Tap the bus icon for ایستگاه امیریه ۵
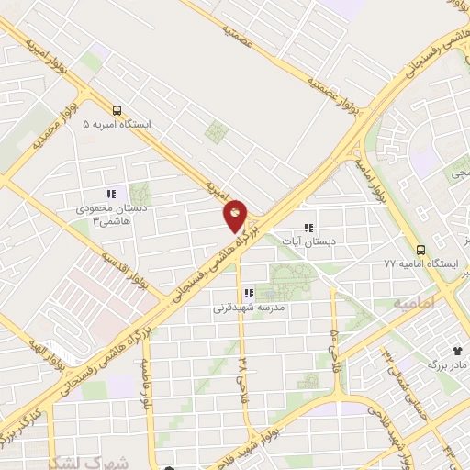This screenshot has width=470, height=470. pyautogui.click(x=117, y=106)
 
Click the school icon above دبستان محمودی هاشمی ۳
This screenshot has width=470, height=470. pyautogui.click(x=111, y=194)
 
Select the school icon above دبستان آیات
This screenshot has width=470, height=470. pyautogui.click(x=308, y=229)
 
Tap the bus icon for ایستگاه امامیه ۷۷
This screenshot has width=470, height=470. pyautogui.click(x=420, y=249)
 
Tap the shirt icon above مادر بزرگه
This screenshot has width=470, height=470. pyautogui.click(x=458, y=350)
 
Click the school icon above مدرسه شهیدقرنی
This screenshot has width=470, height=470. pyautogui.click(x=248, y=294)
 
